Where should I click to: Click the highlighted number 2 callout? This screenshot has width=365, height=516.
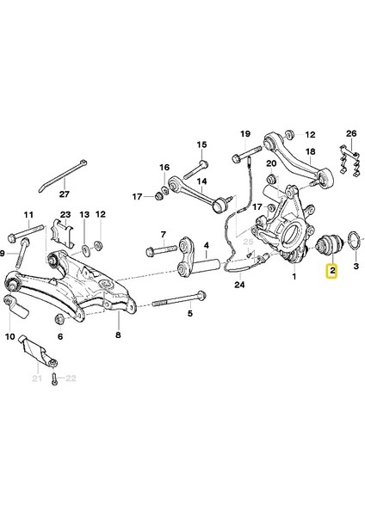[x=332, y=273]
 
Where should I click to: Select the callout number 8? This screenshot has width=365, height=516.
[x=118, y=338]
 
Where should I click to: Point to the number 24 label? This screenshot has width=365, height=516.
[x=239, y=285]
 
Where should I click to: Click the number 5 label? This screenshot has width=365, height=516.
[x=189, y=314]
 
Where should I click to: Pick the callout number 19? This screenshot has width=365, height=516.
[x=245, y=134]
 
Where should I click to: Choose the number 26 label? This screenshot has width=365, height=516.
[x=350, y=134]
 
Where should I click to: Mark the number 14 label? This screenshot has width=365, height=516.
[x=203, y=182]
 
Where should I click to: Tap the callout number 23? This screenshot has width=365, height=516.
[x=65, y=214]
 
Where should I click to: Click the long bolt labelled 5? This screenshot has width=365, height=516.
[x=176, y=303]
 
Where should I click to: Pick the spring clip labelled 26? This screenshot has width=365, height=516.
[x=348, y=166]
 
